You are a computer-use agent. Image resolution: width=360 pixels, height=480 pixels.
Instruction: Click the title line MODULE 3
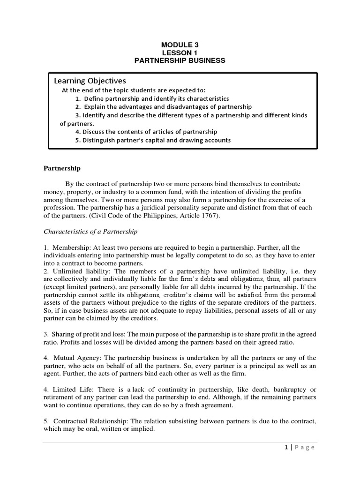pos(180,45)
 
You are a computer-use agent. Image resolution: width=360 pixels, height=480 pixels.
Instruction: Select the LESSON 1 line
pos(180,52)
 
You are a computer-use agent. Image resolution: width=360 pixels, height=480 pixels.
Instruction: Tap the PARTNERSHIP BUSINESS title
pos(180,60)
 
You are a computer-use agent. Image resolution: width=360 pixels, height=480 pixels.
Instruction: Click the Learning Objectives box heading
pos(90,81)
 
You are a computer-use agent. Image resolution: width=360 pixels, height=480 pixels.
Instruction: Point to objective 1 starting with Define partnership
pos(152,98)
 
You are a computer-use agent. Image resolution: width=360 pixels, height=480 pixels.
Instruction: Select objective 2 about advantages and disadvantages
pos(163,106)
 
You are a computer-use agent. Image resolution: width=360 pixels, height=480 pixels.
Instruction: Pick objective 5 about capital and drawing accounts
pos(153,140)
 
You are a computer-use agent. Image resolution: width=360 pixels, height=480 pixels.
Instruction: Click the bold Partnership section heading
pos(62,168)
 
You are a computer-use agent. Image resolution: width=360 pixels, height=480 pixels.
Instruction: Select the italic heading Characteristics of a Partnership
pos(90,232)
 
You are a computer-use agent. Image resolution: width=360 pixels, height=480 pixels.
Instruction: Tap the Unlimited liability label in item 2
pos(75,271)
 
